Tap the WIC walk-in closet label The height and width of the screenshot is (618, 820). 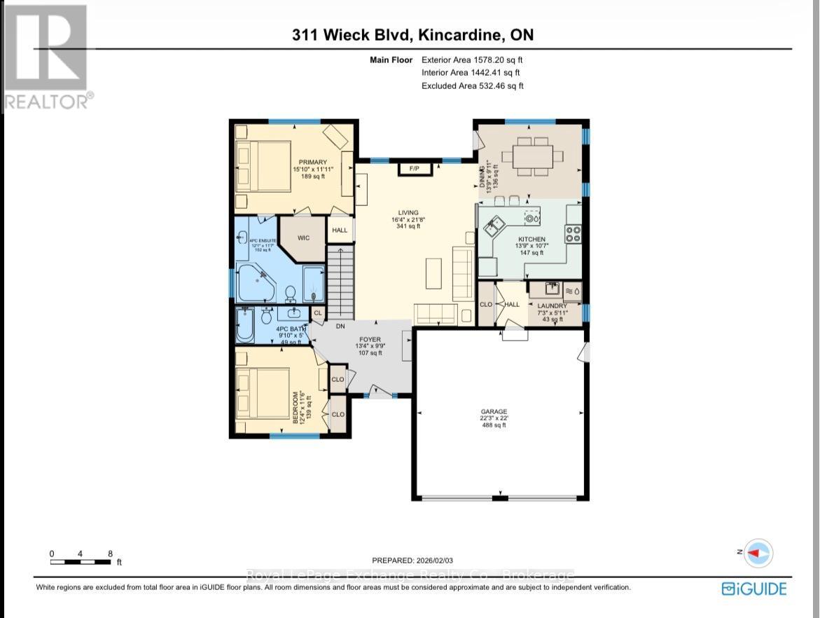(303, 238)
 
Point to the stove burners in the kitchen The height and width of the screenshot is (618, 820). (573, 233)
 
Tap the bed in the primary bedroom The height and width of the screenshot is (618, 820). (263, 167)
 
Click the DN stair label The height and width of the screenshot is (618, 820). (340, 326)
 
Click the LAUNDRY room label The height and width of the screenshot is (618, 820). (553, 306)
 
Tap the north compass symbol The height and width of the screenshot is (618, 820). (758, 553)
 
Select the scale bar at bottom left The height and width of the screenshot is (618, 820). (81, 561)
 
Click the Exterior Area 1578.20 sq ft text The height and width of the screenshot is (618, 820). (472, 60)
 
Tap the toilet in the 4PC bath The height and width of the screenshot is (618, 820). (266, 317)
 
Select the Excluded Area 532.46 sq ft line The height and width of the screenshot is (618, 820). (472, 85)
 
